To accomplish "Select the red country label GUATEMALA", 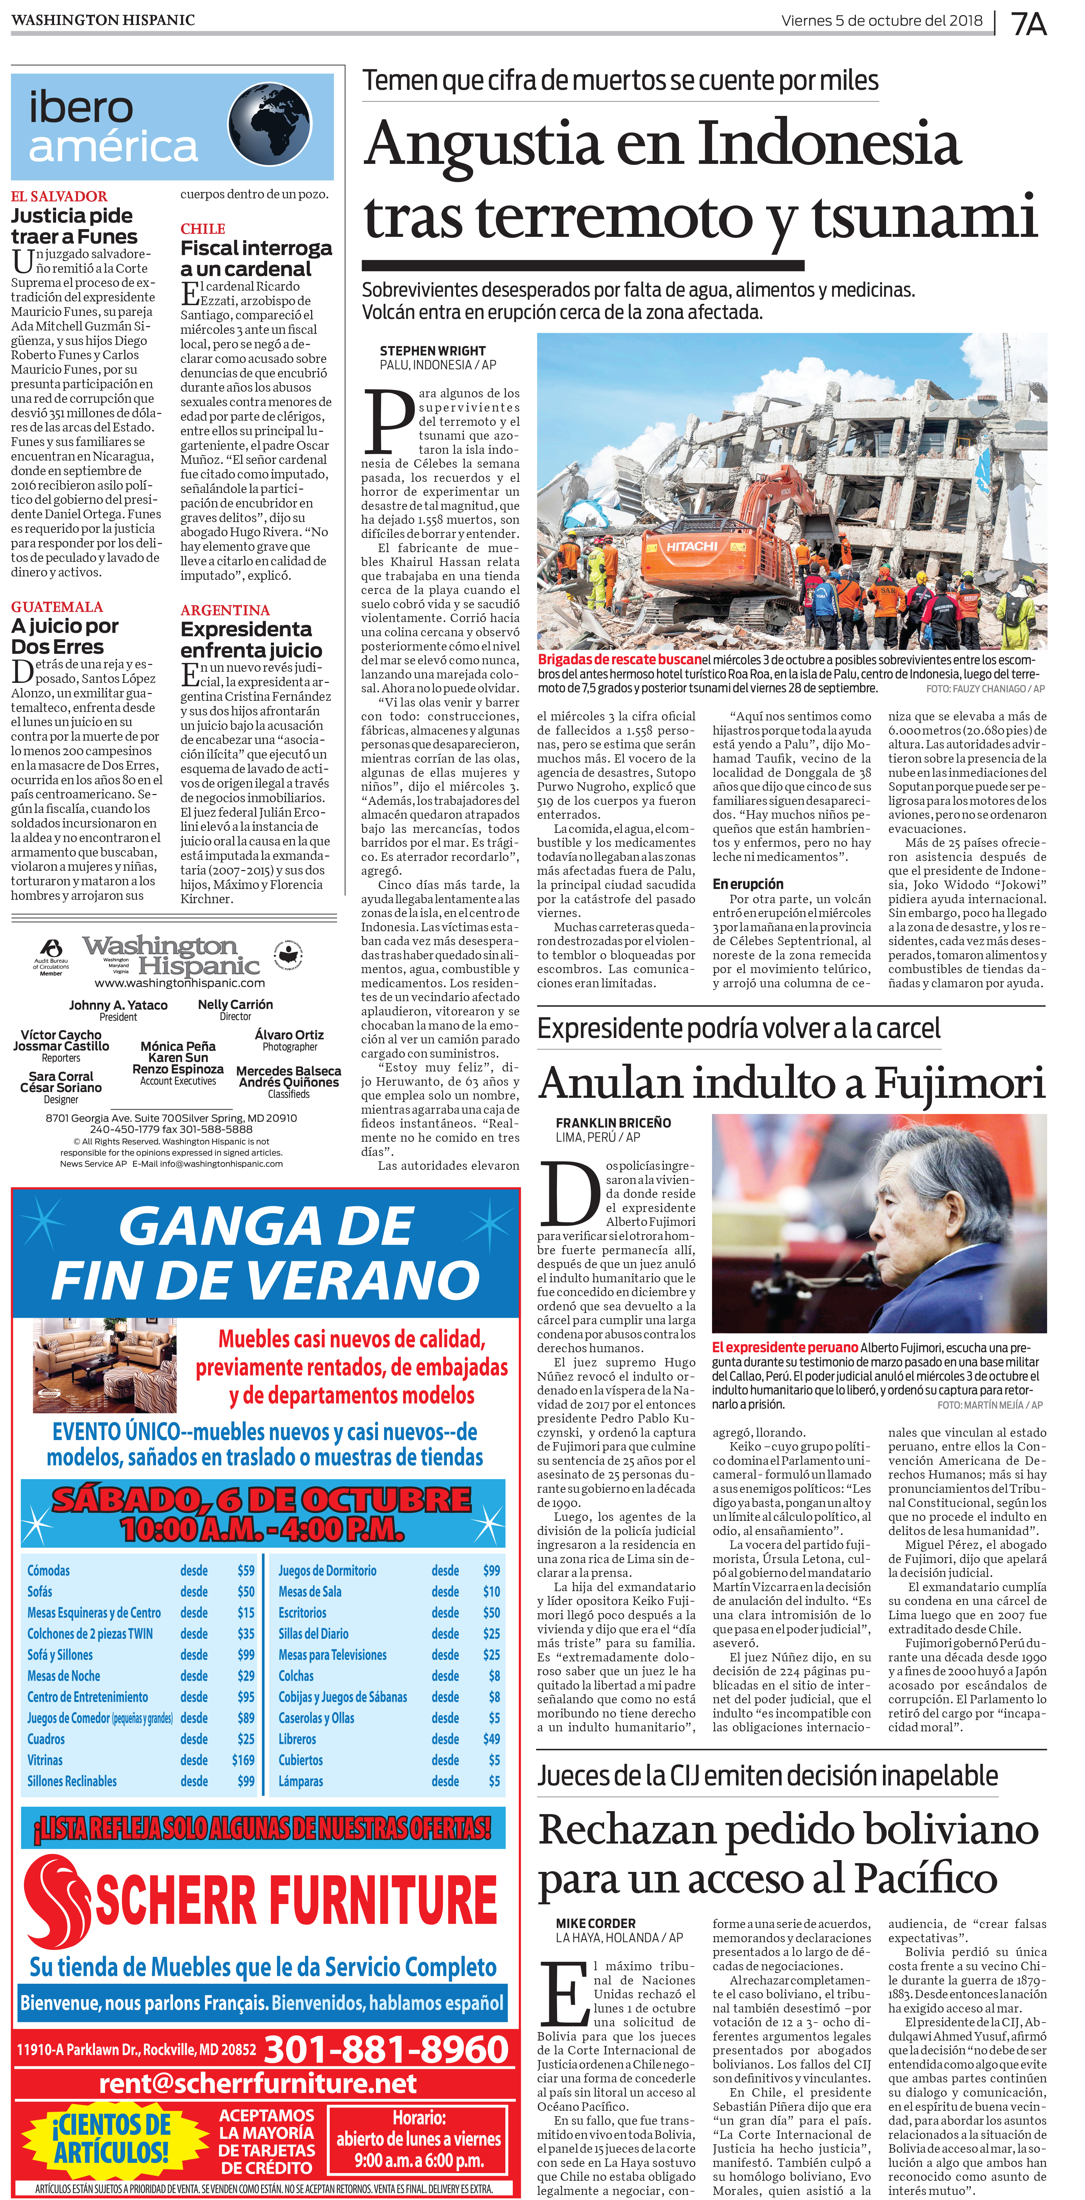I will tap(56, 607).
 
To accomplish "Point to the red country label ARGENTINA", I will tap(225, 610).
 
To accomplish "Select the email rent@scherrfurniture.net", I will tap(258, 2083).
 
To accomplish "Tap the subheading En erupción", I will tap(748, 884).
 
